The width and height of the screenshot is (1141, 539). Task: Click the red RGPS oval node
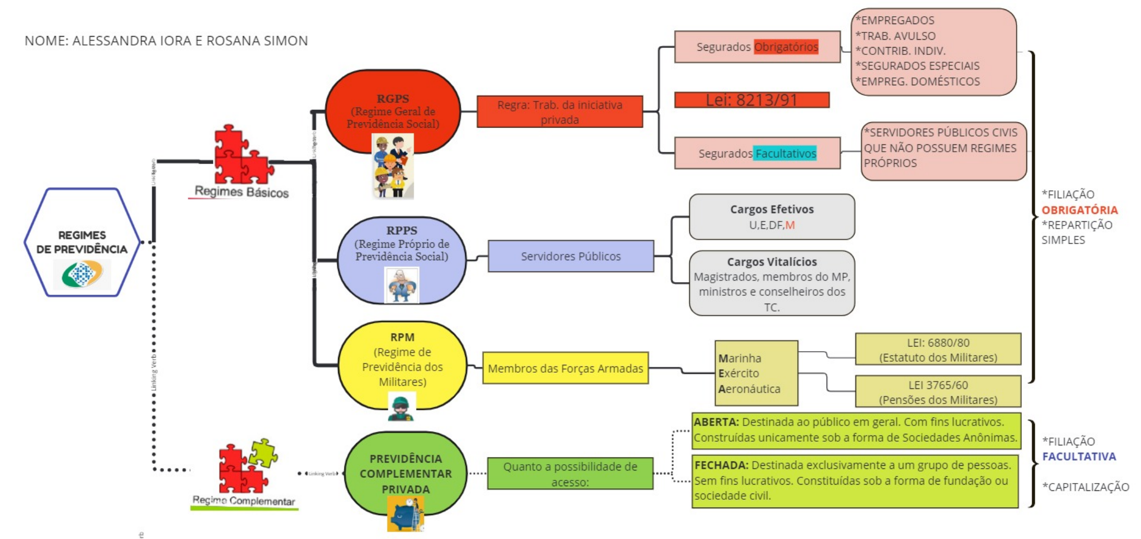(393, 110)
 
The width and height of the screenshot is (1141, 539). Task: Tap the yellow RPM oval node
(402, 360)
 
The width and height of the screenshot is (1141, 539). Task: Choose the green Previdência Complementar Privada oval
(405, 473)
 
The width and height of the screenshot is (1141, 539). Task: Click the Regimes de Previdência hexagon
(82, 243)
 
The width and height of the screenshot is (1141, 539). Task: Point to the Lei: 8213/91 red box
(752, 100)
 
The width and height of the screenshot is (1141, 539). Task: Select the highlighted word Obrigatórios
(786, 47)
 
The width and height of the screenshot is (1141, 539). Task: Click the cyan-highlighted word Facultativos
(785, 154)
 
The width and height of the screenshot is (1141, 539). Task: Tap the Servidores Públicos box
(570, 256)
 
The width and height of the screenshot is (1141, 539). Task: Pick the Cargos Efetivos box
(771, 216)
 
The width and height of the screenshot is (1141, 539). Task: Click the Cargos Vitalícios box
(771, 283)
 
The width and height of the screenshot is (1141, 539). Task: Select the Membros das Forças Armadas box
(565, 368)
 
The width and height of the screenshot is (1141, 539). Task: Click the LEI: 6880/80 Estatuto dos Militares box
(938, 349)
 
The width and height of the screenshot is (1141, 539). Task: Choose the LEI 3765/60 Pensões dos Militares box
(938, 392)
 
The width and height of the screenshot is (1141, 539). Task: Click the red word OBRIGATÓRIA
(1079, 210)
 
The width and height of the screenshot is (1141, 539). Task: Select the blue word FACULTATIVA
(1079, 456)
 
